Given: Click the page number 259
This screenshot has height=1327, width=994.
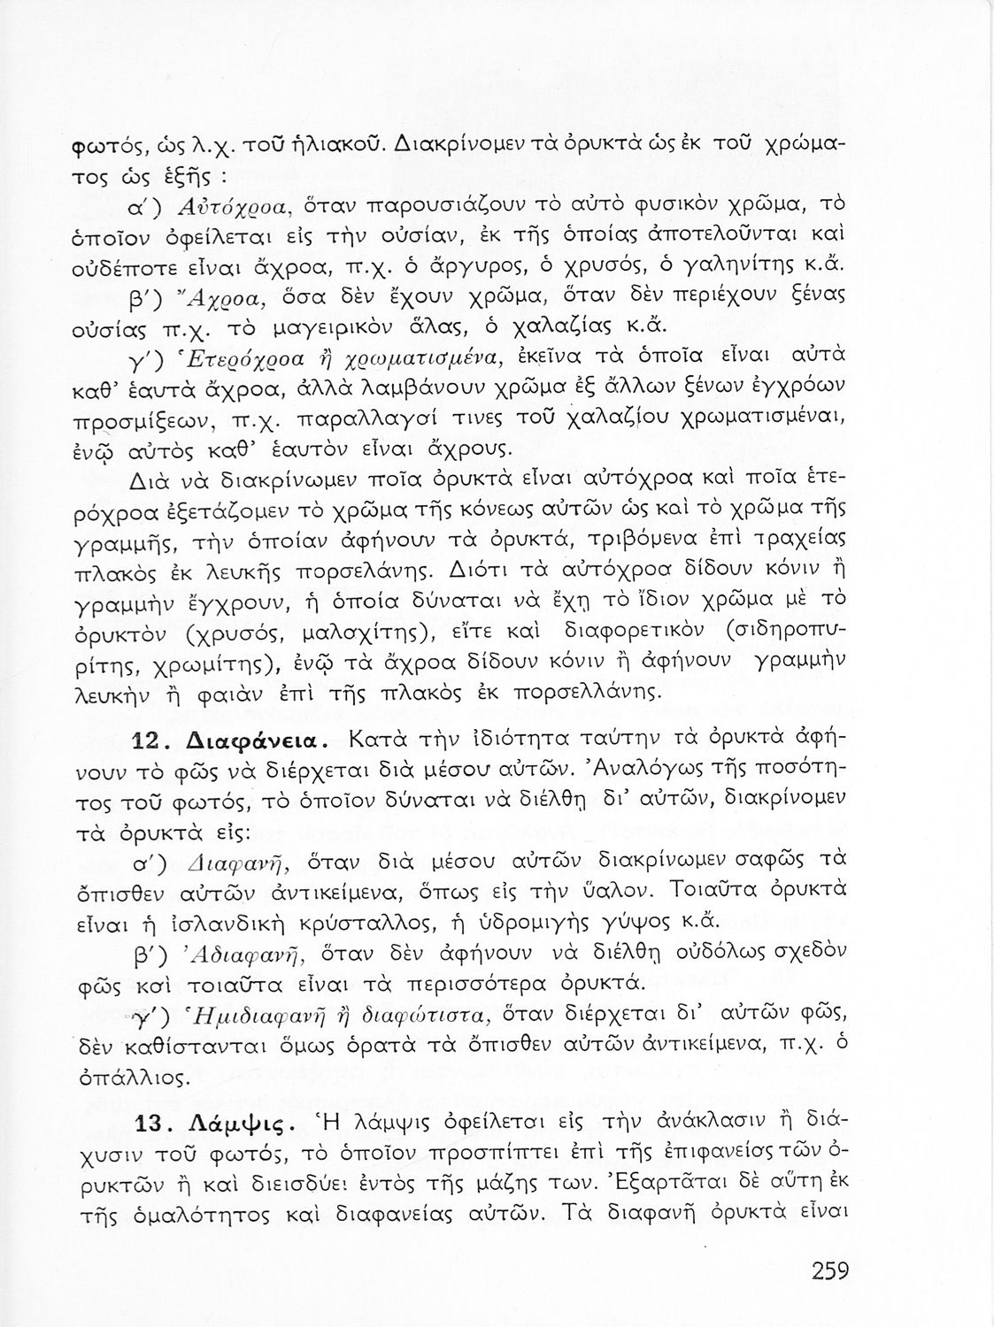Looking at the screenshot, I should click(829, 1272).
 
